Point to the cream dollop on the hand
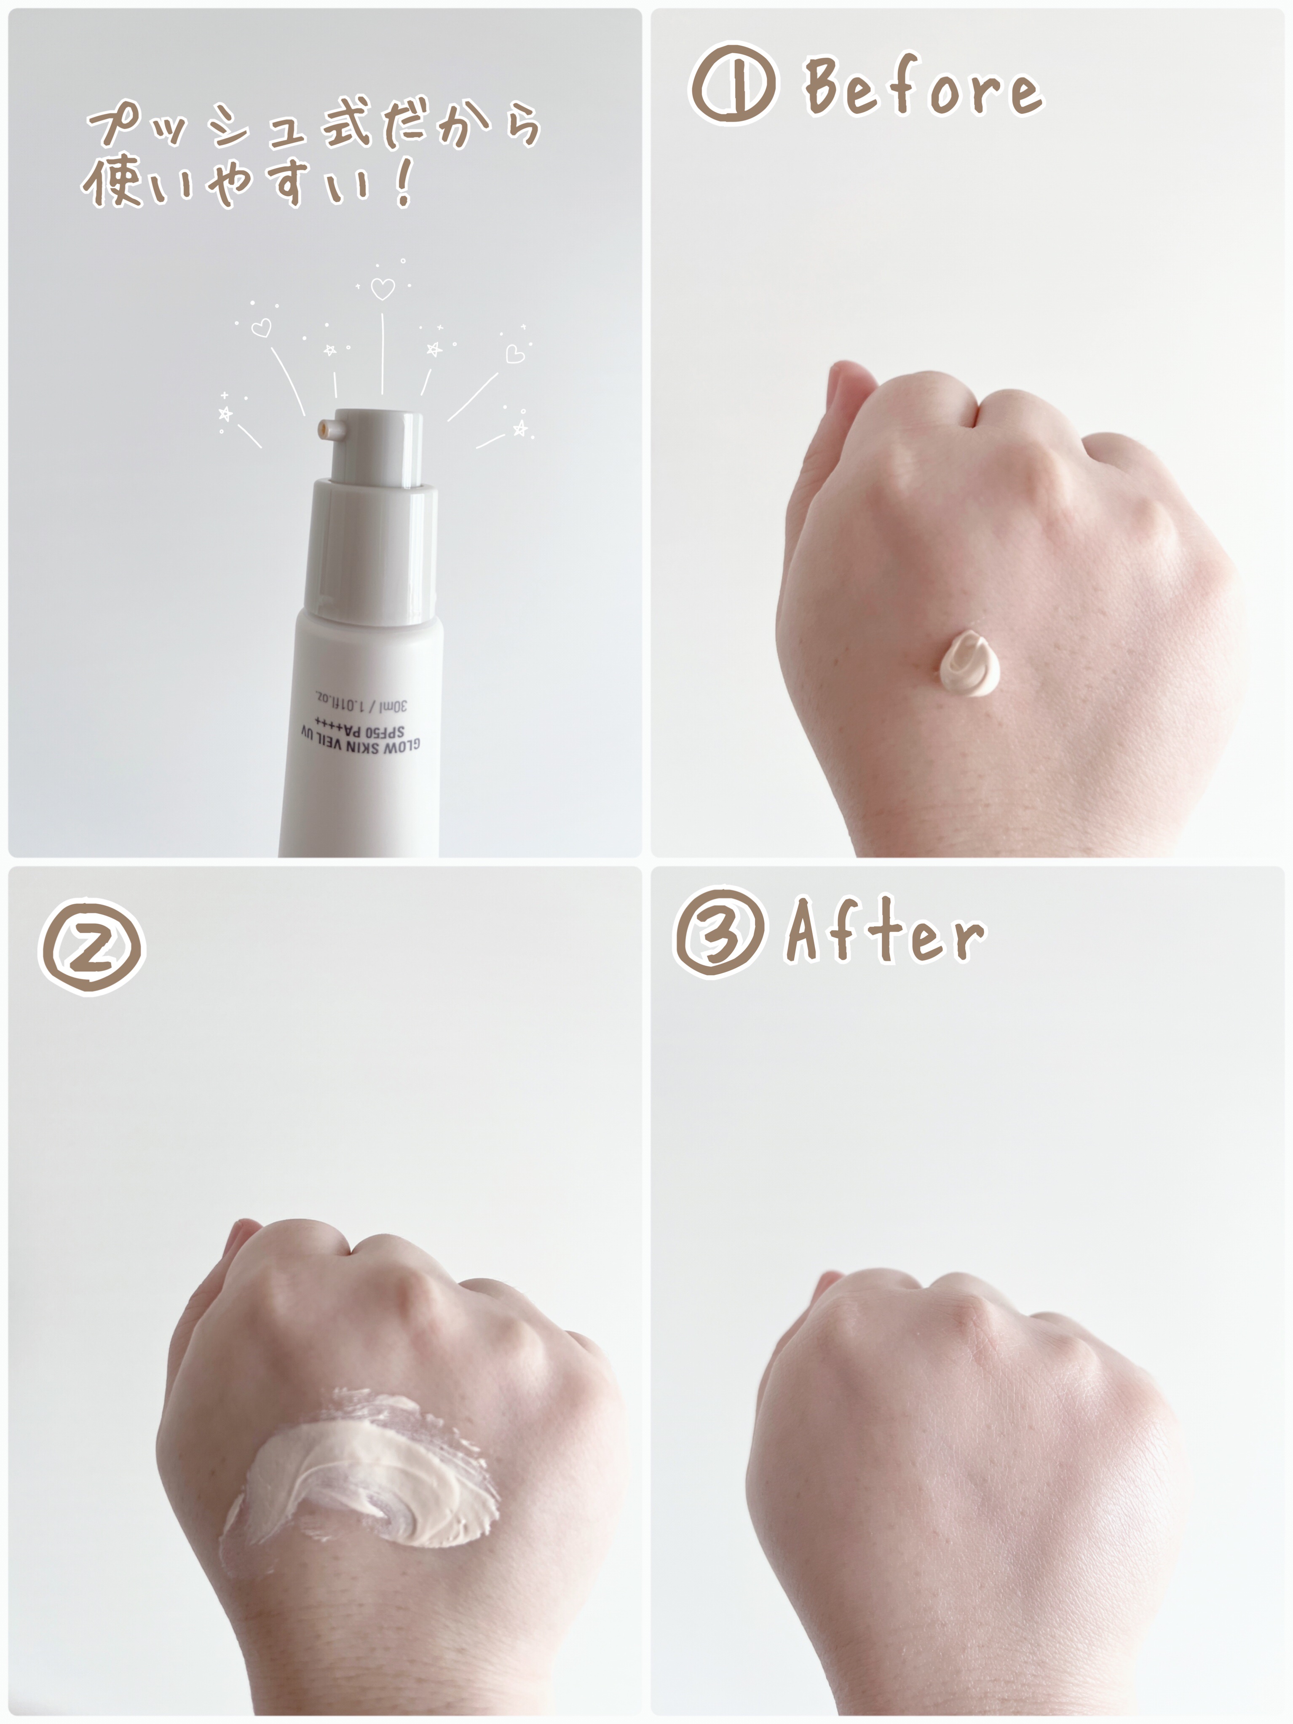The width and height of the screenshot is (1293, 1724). (971, 667)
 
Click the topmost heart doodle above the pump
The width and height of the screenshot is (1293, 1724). (382, 289)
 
